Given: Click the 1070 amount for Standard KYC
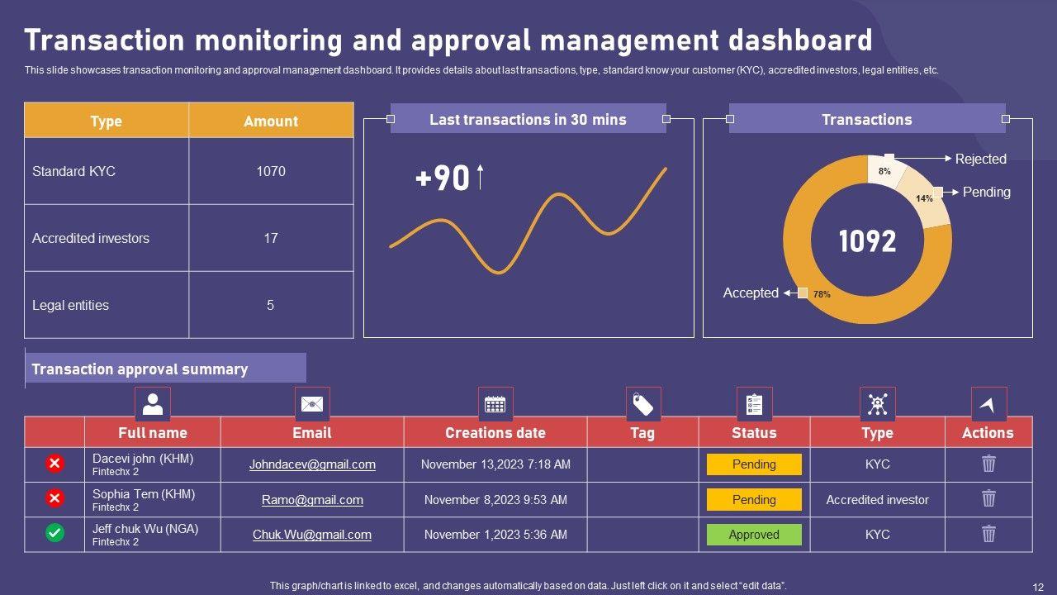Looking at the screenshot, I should (270, 171).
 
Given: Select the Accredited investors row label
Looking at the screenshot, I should (91, 238).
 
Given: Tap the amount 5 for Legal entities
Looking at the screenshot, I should (270, 305).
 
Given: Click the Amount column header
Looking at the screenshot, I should (270, 121).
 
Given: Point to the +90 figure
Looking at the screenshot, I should (443, 178).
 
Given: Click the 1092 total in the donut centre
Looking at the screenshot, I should (867, 241).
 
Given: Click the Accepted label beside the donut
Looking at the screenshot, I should (751, 293).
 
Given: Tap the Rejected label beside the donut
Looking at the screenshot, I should (980, 159).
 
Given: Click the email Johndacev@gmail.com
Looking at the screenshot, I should (312, 464).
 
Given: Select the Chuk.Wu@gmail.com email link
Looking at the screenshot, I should (312, 535).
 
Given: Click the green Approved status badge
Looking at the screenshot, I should (754, 535).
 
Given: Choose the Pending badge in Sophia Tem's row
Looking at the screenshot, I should (754, 500).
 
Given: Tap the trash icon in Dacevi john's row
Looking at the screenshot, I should (988, 464).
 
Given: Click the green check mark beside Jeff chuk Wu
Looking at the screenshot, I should (55, 533).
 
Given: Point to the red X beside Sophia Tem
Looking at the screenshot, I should (55, 498).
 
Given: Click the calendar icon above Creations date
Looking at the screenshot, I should (495, 404).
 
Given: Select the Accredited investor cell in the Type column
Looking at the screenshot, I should (877, 500).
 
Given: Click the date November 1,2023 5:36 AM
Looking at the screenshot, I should (495, 535).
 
